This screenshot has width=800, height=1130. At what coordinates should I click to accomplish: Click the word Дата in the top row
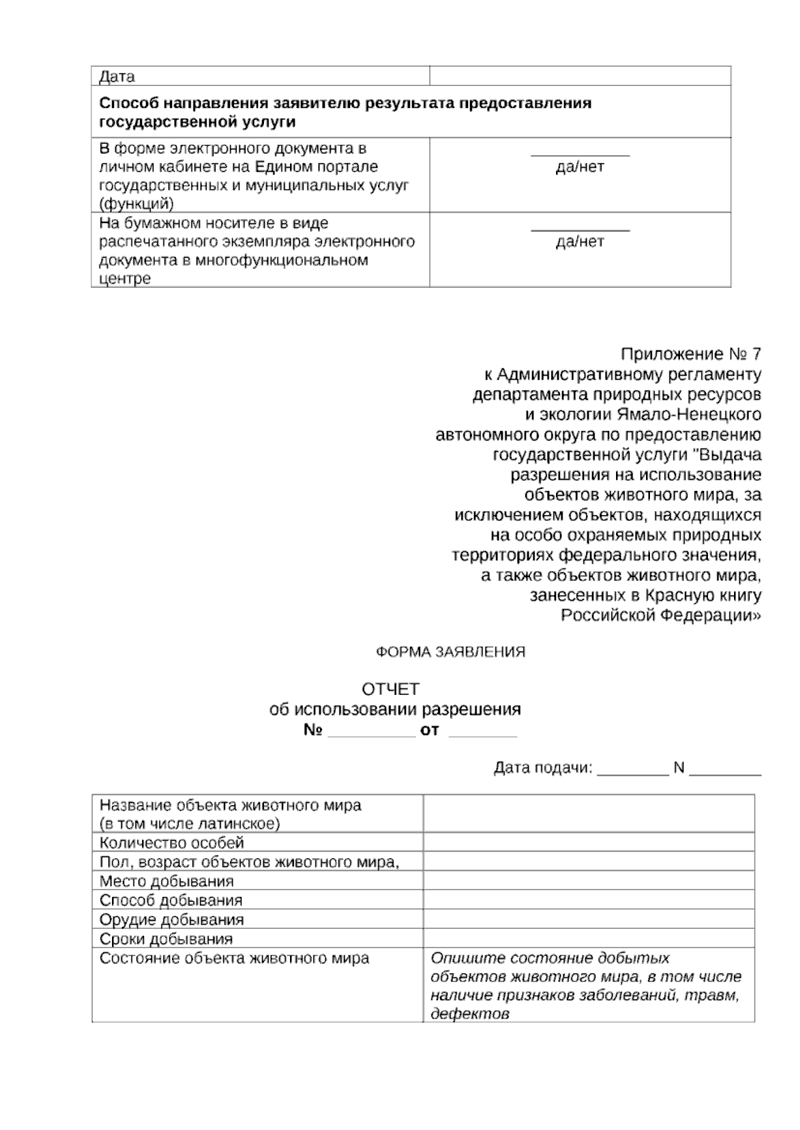click(117, 77)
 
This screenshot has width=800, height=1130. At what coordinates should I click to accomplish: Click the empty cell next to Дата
click(579, 76)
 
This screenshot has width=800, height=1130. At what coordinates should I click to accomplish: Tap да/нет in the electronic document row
click(579, 167)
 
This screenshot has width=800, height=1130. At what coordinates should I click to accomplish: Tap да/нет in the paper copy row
click(579, 241)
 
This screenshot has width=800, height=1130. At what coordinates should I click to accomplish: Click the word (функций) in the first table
click(136, 204)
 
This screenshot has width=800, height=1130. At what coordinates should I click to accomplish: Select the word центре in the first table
click(125, 279)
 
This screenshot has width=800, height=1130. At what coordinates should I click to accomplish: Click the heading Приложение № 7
click(690, 354)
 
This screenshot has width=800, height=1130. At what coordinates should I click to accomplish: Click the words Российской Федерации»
click(660, 615)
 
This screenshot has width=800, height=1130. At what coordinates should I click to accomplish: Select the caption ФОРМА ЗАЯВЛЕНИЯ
click(451, 652)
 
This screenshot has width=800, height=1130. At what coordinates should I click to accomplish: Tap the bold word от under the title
click(429, 730)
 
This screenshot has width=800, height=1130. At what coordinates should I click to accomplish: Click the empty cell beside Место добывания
click(588, 881)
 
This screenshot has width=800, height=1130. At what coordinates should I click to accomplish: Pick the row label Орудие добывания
click(171, 919)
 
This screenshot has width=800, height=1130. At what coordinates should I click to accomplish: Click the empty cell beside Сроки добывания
click(588, 939)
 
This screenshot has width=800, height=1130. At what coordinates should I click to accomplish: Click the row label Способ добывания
click(171, 900)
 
